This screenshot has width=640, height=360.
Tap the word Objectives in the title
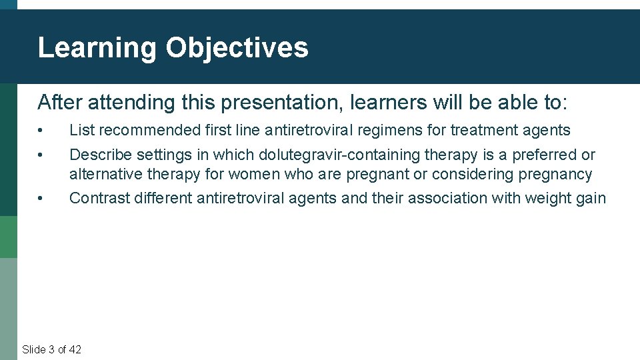coord(237,48)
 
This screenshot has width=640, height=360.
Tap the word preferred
coord(545,155)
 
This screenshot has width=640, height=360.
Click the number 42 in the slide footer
coord(75,349)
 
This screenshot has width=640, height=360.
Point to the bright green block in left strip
coord(9,237)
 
